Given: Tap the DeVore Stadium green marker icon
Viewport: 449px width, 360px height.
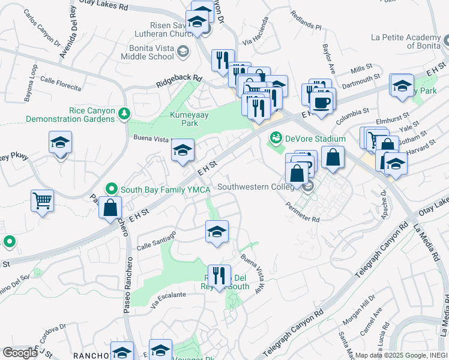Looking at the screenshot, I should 276,139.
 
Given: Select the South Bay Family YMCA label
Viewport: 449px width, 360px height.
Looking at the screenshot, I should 164,190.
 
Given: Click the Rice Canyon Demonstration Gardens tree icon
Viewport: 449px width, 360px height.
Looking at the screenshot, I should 124,113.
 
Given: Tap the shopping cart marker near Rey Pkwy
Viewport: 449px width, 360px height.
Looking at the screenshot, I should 42,202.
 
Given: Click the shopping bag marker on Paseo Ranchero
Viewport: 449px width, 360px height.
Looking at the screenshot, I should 111,208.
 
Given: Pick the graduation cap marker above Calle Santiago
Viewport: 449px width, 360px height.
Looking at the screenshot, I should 217,232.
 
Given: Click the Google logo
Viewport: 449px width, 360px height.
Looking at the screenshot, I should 20,353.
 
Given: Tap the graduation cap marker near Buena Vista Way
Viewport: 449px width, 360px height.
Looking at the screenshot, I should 182,150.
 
